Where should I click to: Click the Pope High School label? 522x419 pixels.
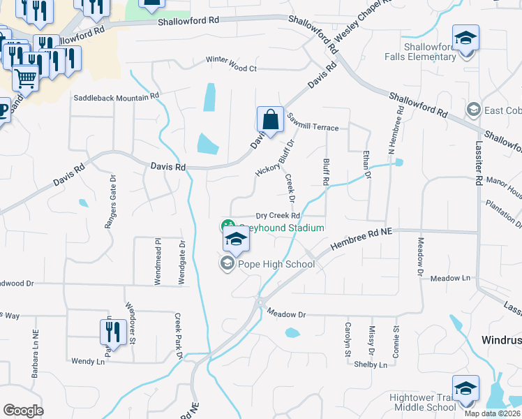276,264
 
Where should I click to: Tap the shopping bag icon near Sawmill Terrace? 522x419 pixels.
270,120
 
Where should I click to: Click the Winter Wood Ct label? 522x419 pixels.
231,68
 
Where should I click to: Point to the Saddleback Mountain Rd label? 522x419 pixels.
117,97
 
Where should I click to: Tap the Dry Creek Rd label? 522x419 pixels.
277,216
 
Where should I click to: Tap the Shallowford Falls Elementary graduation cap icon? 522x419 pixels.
465,39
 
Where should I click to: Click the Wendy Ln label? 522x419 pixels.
87,361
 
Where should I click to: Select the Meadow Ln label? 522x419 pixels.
450,278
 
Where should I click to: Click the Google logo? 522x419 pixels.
23,411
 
